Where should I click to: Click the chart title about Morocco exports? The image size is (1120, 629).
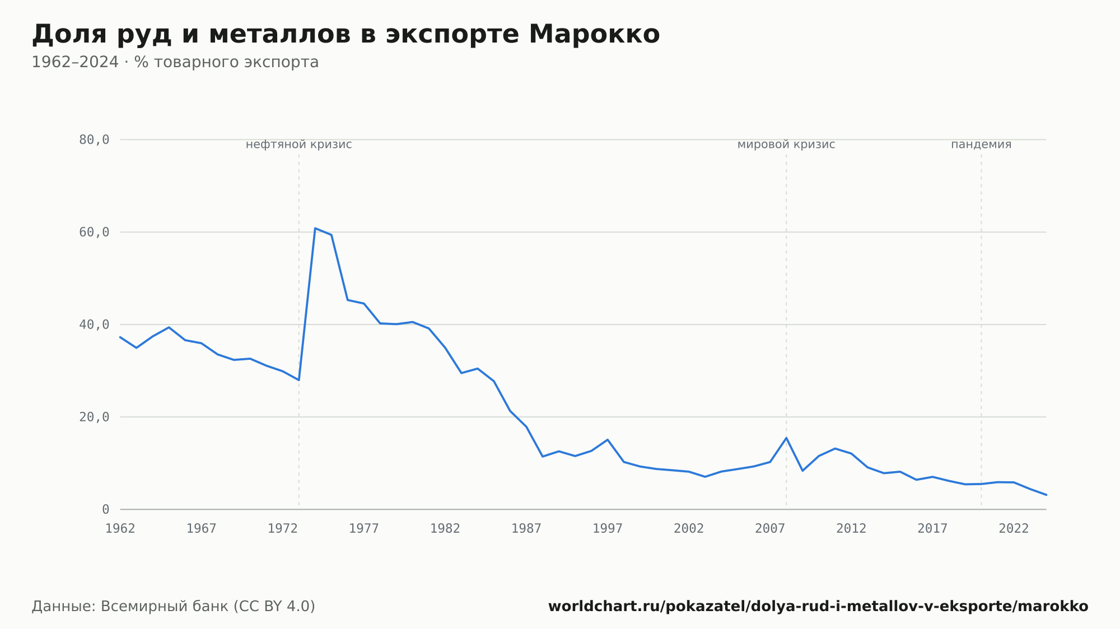[346, 34]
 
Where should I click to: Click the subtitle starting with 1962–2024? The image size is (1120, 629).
[175, 62]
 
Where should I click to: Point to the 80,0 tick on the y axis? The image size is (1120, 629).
[94, 140]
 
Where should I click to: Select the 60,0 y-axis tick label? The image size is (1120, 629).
[94, 232]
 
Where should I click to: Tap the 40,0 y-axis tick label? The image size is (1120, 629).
[94, 325]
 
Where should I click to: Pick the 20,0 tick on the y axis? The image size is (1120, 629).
[94, 417]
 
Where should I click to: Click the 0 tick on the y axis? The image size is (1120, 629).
[106, 509]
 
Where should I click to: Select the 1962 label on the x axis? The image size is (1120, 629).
[120, 529]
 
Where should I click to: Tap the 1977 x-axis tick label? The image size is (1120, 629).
[364, 529]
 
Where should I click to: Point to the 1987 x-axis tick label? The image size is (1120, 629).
[526, 529]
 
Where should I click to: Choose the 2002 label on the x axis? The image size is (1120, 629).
[689, 529]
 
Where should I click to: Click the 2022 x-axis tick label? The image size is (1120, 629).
[1014, 529]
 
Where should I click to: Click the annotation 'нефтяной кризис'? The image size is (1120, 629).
[299, 145]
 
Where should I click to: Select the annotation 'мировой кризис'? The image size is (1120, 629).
[786, 145]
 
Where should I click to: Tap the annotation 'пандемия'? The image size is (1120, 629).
[981, 145]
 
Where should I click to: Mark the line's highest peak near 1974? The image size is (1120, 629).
[315, 228]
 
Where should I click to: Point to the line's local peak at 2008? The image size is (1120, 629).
[786, 438]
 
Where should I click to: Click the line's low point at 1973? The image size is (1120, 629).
[299, 380]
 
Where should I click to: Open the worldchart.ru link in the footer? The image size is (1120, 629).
[818, 607]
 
